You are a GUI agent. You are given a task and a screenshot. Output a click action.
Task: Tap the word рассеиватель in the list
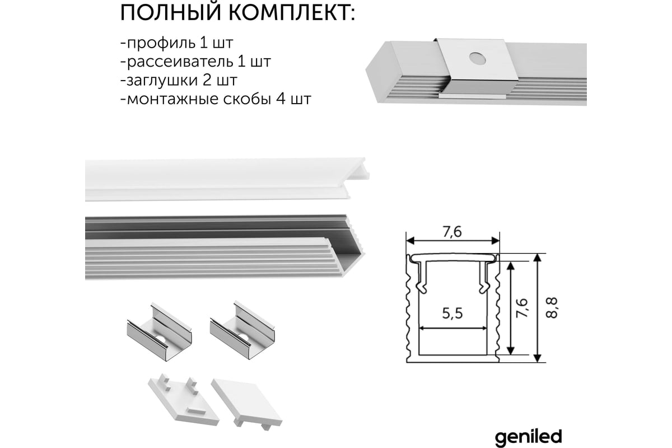180,62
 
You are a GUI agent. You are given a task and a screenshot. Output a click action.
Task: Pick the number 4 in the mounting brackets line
281,99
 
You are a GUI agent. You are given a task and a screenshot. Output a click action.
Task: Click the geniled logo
528,438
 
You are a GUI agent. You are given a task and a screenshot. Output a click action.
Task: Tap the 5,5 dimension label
452,313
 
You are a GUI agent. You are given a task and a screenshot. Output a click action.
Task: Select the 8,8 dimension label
552,307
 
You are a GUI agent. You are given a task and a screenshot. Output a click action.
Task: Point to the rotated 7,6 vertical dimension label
522,307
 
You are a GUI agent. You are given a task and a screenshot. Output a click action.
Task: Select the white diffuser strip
227,179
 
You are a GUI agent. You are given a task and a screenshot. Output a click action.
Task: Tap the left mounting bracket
159,331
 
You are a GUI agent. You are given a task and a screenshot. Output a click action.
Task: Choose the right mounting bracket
242,329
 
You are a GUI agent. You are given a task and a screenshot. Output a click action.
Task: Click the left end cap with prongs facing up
184,399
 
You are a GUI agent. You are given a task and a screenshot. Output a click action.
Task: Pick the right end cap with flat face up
246,404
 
